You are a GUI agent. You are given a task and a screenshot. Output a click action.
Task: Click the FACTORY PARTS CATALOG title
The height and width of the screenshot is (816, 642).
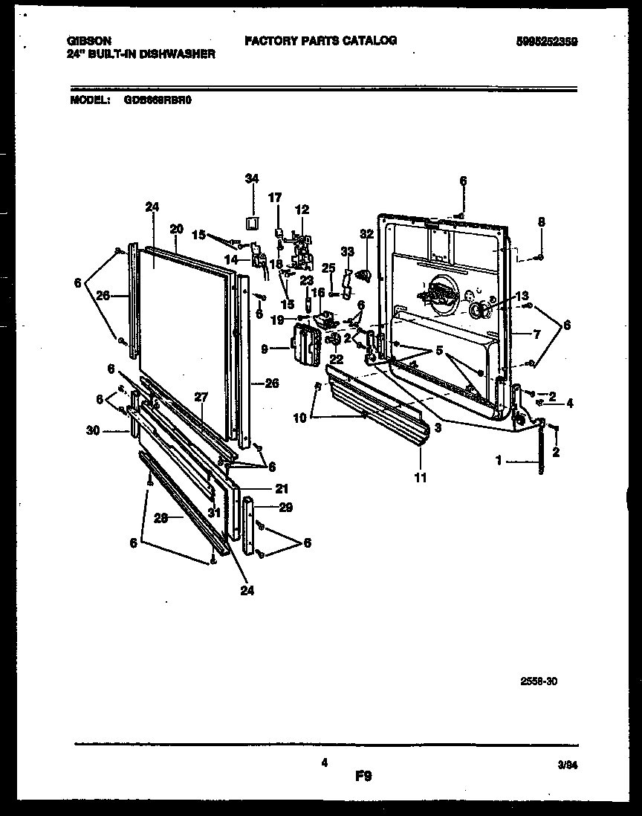pos(320,41)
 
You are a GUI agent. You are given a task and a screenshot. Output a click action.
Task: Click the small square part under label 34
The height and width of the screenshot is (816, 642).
pos(253,222)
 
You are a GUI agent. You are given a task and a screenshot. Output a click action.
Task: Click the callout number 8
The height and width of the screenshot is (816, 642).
pos(542,221)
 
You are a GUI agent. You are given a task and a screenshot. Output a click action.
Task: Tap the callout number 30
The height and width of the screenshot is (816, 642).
pos(112,430)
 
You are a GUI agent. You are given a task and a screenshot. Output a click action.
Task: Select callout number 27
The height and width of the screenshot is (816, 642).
pos(199,397)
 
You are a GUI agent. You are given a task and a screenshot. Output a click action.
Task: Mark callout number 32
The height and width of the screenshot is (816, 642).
pos(365,233)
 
